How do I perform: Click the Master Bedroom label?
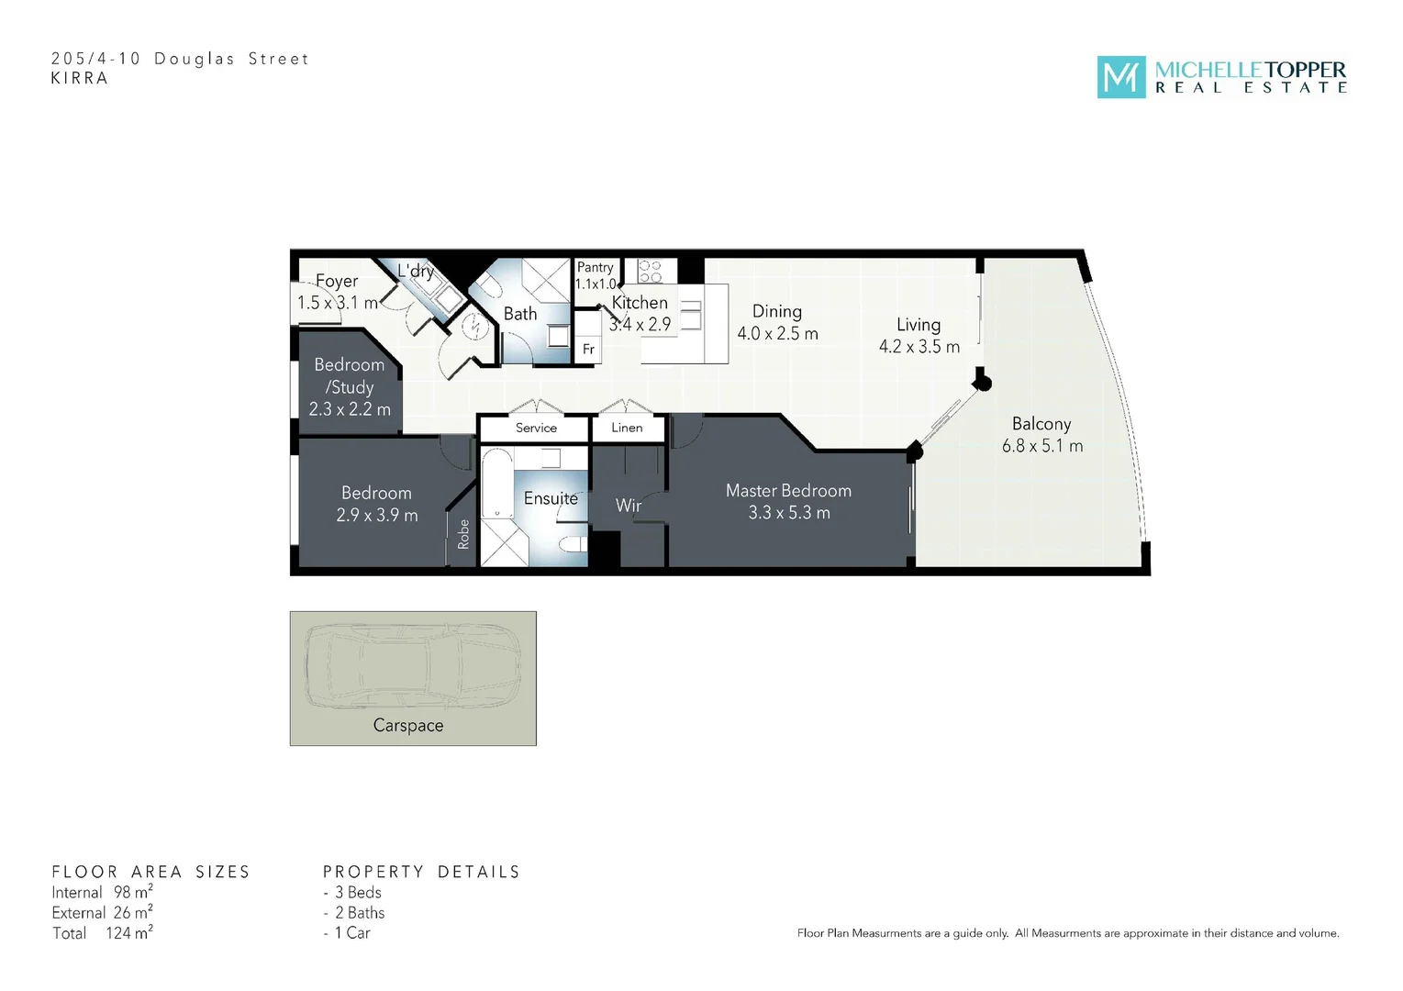[788, 491]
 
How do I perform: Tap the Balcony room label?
[1041, 424]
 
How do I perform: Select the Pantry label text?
[595, 267]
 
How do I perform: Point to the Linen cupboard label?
[627, 428]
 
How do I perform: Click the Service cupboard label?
[536, 428]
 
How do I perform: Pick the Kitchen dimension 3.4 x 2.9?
[640, 325]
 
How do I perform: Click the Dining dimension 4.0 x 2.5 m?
[777, 334]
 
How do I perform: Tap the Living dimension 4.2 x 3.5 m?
[919, 347]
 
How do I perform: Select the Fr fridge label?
[588, 350]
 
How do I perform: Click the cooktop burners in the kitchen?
[650, 271]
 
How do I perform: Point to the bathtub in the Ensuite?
[496, 484]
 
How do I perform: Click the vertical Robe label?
[463, 534]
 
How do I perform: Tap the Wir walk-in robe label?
[629, 506]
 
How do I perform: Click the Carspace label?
[408, 726]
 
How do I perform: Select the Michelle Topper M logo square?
[1120, 77]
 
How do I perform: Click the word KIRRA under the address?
[80, 79]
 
